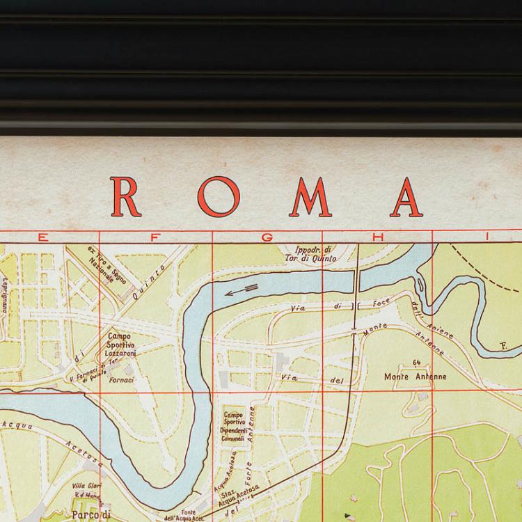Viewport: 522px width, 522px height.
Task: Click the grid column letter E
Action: point(43,237)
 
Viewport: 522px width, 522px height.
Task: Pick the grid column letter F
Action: point(155,237)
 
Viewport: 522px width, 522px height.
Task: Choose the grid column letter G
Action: point(266,237)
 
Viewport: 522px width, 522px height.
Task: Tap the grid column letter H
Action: point(377,237)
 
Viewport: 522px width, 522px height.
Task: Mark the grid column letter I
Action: point(488,237)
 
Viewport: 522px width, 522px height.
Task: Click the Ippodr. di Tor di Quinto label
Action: point(316,254)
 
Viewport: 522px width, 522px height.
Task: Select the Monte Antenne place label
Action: point(416,377)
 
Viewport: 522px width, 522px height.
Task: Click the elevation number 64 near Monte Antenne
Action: point(416,363)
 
